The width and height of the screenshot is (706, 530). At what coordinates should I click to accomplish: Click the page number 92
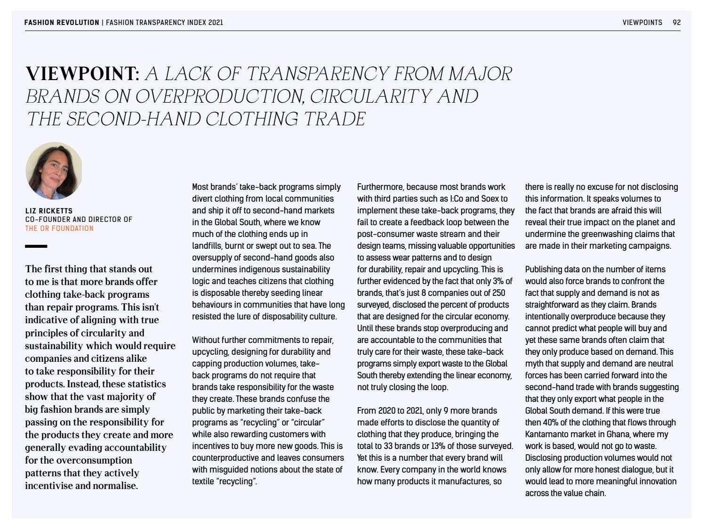pos(676,22)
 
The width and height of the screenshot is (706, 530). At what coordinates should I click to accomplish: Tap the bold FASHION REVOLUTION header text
pos(62,22)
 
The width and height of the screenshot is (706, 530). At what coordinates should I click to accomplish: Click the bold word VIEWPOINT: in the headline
pos(82,74)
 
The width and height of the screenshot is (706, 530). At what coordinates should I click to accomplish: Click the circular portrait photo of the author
pos(54,171)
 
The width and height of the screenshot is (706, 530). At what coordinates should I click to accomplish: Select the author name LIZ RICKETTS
pos(49,211)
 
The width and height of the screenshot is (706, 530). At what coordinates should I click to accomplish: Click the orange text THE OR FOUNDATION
pos(59,228)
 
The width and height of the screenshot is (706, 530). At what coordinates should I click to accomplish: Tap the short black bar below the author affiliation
pos(36,246)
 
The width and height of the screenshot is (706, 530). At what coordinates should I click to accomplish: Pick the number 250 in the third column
pos(498,293)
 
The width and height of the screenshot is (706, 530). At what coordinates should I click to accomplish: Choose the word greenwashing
pos(606,234)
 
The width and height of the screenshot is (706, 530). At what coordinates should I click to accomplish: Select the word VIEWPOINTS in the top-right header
pos(642,22)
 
